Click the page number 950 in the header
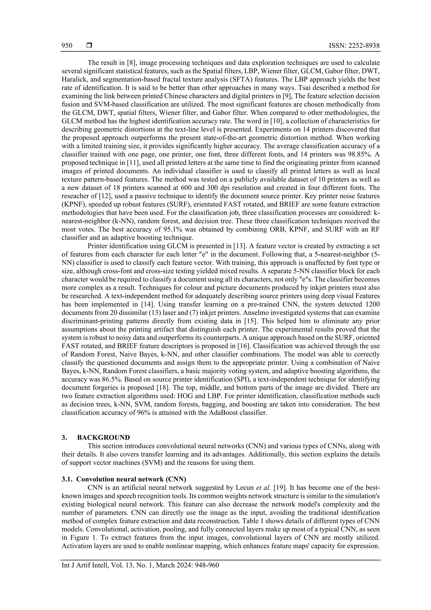[67, 46]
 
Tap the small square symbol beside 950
[89, 46]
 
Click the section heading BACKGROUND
[104, 437]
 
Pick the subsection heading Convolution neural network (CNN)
[131, 479]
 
